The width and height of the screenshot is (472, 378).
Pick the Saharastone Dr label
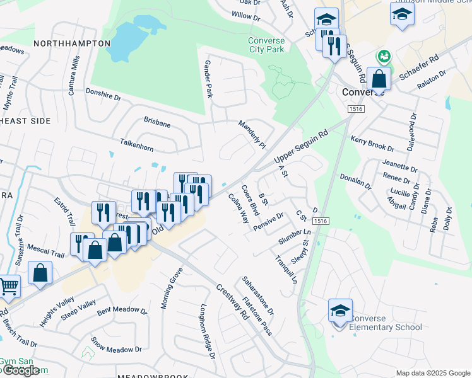[x=257, y=296]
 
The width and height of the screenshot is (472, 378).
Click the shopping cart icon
[x=9, y=287]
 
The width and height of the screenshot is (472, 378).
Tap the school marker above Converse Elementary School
[x=340, y=311]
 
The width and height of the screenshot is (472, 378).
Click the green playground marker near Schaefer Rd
[x=382, y=58]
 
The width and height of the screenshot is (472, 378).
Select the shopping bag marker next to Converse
[x=379, y=79]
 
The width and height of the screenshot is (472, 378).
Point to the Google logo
[x=21, y=371]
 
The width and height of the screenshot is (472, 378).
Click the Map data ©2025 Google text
[x=432, y=373]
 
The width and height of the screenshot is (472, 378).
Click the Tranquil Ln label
[x=285, y=269]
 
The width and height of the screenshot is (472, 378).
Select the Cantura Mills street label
[x=74, y=76]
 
